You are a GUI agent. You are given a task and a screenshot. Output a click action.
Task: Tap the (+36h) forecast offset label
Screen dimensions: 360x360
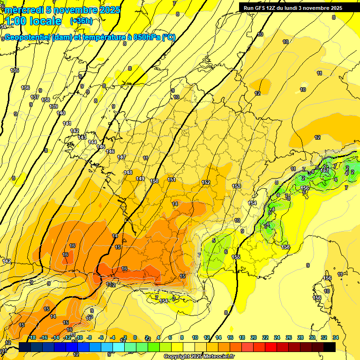[81, 21]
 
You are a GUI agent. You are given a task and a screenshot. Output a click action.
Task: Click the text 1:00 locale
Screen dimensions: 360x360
[33, 21]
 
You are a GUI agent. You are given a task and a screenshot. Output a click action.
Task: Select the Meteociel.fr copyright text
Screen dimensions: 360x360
[199, 357]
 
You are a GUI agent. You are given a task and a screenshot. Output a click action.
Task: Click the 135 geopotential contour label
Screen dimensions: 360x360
[15, 70]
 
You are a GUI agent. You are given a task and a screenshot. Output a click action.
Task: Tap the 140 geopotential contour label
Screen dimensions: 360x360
[60, 113]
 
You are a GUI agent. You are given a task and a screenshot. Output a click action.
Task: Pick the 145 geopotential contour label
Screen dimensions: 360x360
[101, 147]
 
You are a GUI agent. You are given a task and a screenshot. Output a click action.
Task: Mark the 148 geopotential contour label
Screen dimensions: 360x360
[127, 173]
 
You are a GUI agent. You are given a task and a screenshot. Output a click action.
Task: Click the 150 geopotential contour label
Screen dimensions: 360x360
[154, 181]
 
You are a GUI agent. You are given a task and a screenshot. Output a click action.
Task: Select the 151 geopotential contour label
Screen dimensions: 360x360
[172, 180]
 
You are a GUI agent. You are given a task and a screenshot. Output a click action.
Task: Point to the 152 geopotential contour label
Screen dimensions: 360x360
[206, 183]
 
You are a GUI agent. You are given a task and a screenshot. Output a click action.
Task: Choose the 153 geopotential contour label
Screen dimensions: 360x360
[236, 187]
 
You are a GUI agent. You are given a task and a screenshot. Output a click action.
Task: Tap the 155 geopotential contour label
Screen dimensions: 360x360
[236, 257]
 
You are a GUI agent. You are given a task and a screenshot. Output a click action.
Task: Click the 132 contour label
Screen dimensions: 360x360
[111, 285]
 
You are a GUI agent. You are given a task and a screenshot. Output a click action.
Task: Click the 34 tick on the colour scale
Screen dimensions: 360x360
[335, 337]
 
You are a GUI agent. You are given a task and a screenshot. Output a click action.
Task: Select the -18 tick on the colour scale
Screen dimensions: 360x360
[32, 337]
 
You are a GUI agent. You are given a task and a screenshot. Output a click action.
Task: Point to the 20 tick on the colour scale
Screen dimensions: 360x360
[253, 337]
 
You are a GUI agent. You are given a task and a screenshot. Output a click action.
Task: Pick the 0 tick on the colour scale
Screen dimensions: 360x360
[135, 337]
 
